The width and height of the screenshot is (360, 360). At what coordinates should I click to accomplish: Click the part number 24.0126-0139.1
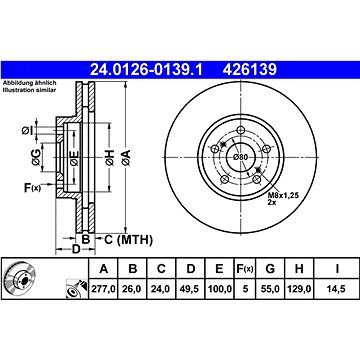pyautogui.click(x=147, y=70)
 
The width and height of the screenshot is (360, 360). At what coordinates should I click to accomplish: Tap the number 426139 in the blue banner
pyautogui.click(x=250, y=70)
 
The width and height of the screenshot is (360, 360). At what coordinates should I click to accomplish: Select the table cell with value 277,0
pyautogui.click(x=103, y=289)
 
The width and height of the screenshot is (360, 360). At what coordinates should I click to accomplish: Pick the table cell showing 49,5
pyautogui.click(x=190, y=289)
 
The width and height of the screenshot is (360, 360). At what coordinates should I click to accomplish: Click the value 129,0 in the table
pyautogui.click(x=299, y=289)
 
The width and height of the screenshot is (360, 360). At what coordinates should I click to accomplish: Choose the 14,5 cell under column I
pyautogui.click(x=337, y=289)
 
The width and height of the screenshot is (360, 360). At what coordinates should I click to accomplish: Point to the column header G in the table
pyautogui.click(x=270, y=268)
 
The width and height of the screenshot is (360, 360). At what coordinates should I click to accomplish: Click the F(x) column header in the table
pyautogui.click(x=245, y=268)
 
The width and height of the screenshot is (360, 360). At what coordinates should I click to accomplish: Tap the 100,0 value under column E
pyautogui.click(x=220, y=289)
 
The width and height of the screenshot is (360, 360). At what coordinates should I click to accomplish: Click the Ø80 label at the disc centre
pyautogui.click(x=240, y=157)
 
